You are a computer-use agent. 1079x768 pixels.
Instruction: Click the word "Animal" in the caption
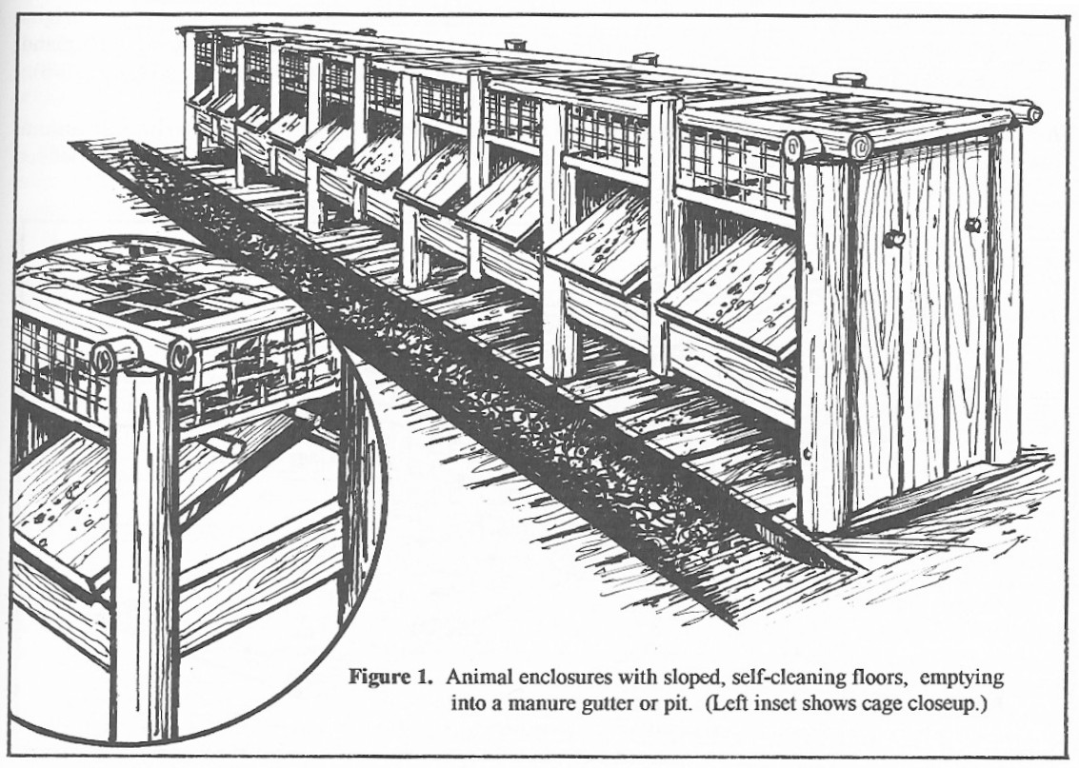click(476, 679)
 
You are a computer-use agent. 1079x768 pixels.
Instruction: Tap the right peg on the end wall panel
click(971, 226)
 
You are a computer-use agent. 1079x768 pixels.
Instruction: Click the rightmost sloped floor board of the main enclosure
click(739, 295)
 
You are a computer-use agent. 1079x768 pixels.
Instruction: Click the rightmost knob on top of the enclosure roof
click(848, 79)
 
